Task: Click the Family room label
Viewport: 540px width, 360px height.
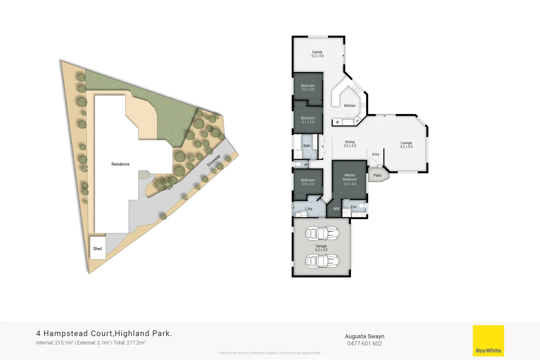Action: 317,54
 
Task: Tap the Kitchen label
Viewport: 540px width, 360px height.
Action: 350,106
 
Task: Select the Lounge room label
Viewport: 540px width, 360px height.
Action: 406,145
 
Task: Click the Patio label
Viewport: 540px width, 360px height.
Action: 377,175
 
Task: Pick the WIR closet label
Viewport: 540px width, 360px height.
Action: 337,209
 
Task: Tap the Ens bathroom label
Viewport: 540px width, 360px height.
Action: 354,207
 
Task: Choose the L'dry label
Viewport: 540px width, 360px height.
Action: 309,209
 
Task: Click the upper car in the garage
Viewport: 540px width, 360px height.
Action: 322,233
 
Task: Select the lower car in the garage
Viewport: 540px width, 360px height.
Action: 322,261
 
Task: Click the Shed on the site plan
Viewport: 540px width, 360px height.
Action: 98,248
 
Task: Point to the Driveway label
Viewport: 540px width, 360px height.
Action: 214,161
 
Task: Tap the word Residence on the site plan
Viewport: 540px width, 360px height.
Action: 120,164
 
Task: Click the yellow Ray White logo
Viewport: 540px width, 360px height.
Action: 488,341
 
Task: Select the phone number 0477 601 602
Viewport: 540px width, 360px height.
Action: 364,344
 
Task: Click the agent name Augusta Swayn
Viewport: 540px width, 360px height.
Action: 364,336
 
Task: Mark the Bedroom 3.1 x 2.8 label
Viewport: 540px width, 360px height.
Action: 308,120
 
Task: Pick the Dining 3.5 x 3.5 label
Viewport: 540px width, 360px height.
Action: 350,144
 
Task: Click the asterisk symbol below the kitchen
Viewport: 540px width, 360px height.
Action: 337,122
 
